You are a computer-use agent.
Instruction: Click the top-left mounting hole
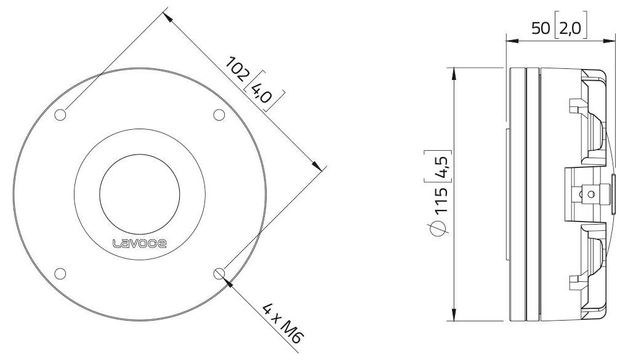point(61,115)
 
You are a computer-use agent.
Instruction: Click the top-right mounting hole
point(219,115)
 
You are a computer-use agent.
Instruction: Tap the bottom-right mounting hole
point(219,273)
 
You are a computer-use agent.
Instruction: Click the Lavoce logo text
point(140,243)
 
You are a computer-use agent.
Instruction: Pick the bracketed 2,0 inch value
point(571,28)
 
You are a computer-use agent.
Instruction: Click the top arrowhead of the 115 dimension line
point(454,71)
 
